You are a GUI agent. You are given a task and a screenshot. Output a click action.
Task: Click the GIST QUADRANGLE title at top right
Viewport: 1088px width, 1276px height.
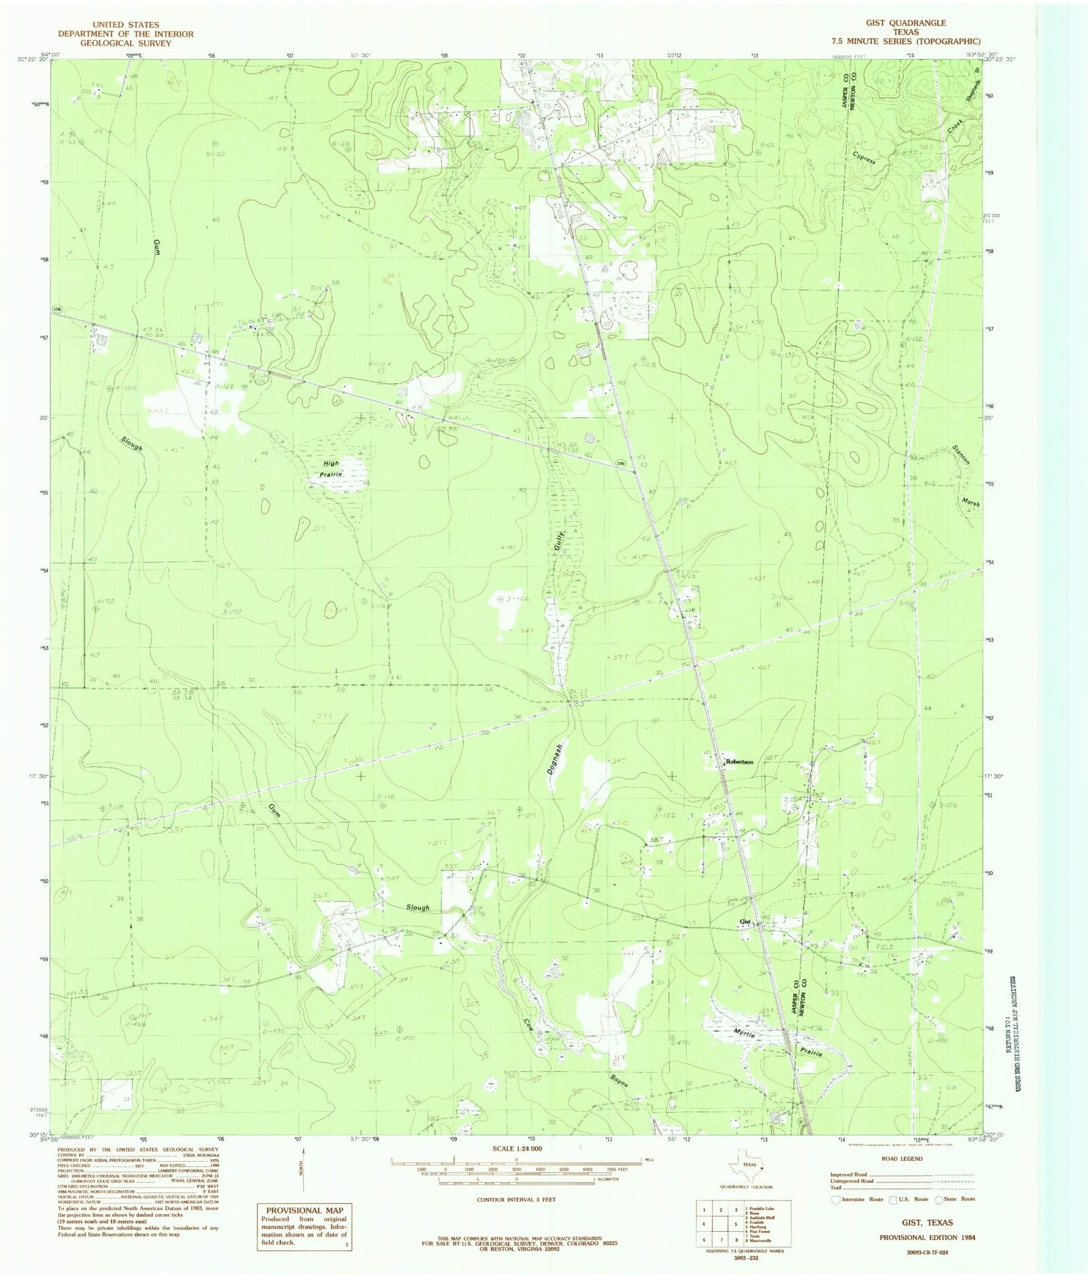pos(902,22)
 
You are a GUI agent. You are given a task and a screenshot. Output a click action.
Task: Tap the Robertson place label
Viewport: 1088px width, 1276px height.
pos(739,762)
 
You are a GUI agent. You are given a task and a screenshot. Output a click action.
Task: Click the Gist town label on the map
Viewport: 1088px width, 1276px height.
pos(745,922)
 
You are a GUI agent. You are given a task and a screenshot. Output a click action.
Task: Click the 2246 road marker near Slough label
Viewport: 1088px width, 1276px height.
pos(57,310)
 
